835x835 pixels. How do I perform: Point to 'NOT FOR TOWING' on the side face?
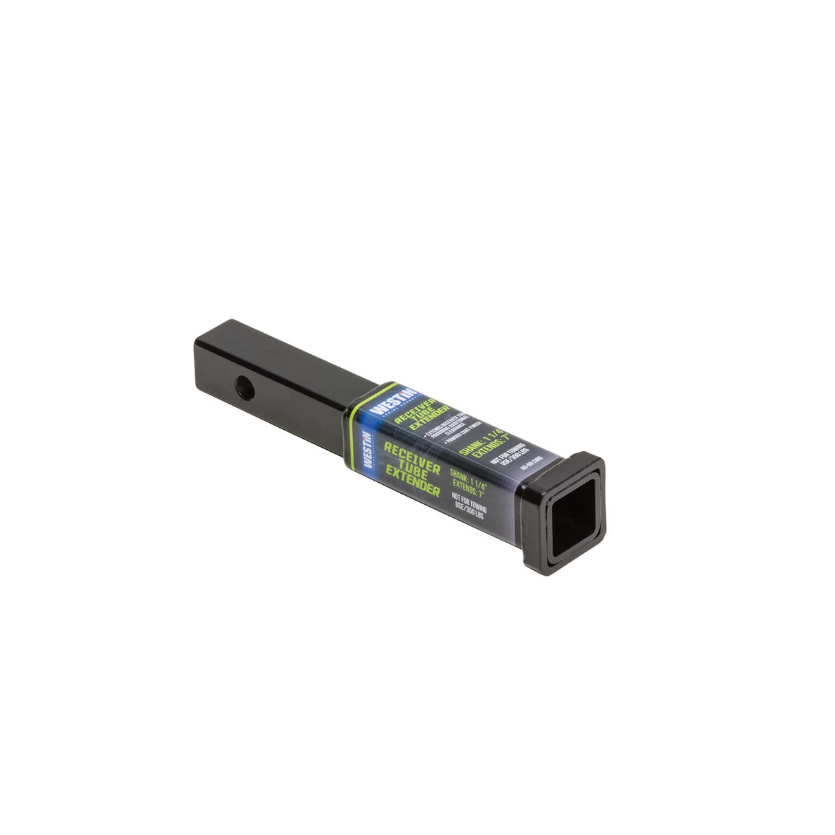click(469, 501)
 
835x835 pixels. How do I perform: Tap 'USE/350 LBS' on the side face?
click(470, 510)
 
